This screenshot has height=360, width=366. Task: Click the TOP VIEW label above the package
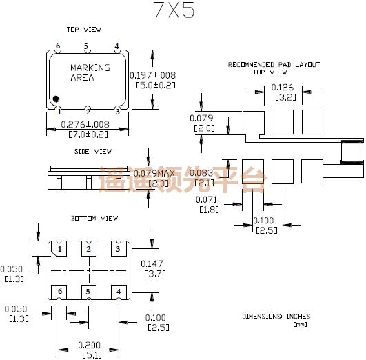coord(83,30)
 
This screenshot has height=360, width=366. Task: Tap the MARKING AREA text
coord(90,72)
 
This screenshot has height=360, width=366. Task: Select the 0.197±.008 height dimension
coord(153,74)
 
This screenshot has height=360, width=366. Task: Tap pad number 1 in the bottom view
coord(60,249)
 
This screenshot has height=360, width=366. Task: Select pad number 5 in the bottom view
coord(88,292)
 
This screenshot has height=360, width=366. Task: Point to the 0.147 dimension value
coord(152,263)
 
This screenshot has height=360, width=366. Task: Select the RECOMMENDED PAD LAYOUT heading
coord(274,64)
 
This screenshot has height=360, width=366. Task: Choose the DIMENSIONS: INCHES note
coord(276,317)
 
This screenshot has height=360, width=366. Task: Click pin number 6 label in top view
coord(59,46)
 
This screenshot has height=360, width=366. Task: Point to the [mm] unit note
coord(300,324)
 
